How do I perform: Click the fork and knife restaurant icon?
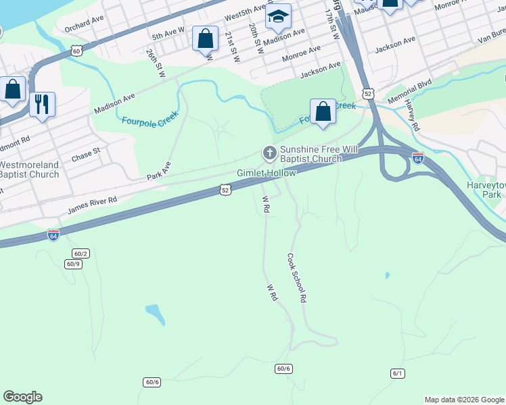click(42, 104)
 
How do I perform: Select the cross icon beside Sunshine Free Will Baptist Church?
click(269, 153)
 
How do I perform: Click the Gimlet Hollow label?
click(266, 173)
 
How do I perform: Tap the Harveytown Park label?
click(486, 190)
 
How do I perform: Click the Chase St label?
click(86, 155)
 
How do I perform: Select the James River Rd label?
click(92, 205)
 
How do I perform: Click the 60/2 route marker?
click(81, 253)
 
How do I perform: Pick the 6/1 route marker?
click(397, 373)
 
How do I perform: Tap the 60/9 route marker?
click(74, 264)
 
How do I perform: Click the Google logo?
click(22, 397)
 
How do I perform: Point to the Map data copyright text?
click(464, 400)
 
